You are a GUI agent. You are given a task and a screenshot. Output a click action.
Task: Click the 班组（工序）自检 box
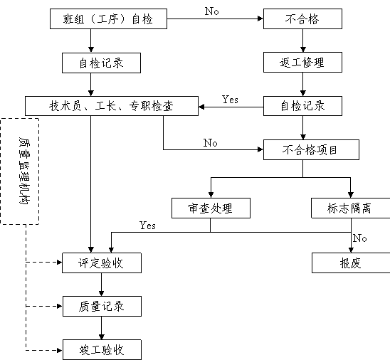point(108,19)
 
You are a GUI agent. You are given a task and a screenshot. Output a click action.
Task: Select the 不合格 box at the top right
point(302,19)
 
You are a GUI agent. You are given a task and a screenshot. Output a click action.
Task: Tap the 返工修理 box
point(302,63)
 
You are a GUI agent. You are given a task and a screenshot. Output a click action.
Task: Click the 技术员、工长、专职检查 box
point(112,106)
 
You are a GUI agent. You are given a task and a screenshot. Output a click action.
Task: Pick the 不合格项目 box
point(311,149)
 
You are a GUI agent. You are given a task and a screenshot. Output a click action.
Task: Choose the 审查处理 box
point(211,208)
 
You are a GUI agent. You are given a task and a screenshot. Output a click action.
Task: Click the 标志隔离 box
point(351,208)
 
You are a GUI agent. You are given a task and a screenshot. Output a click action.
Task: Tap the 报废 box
point(351,263)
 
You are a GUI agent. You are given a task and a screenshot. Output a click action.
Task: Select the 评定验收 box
point(102,263)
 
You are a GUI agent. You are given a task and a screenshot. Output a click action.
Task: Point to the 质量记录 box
point(102,307)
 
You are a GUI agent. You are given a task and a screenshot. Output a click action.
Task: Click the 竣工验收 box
point(102,349)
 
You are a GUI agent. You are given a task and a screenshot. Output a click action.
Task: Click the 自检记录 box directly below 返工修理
point(302,106)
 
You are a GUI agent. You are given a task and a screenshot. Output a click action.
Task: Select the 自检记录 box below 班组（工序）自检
point(101,63)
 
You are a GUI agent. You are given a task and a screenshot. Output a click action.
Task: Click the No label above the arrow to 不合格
point(212,11)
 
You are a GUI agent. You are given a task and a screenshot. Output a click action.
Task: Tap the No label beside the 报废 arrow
point(359,238)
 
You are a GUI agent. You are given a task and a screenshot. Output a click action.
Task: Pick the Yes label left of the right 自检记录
point(230,100)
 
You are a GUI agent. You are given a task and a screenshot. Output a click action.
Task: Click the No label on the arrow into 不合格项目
point(211,143)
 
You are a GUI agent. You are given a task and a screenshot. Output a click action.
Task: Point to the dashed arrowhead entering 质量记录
point(60,307)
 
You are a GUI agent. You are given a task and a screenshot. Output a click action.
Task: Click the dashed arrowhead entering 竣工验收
point(60,351)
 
